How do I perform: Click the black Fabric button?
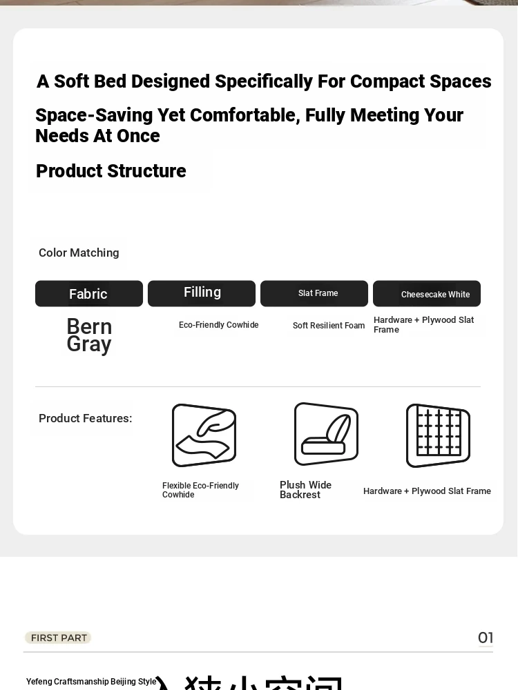(x=88, y=294)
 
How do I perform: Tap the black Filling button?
(x=202, y=293)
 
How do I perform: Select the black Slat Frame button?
(x=314, y=293)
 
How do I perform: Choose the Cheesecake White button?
(x=427, y=294)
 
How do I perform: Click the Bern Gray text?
(x=89, y=335)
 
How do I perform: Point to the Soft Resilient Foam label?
(x=329, y=326)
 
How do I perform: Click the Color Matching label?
(x=79, y=253)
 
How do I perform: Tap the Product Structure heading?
(x=111, y=171)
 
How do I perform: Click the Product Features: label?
(x=85, y=418)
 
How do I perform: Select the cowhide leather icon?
(x=204, y=435)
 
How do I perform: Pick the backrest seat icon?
(x=326, y=434)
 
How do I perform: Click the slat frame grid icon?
(x=438, y=435)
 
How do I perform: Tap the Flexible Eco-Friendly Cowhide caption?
(x=200, y=490)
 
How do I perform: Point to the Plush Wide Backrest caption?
(x=305, y=490)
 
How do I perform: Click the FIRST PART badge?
(x=58, y=638)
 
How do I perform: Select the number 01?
(x=486, y=638)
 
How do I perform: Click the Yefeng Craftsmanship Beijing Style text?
(x=91, y=682)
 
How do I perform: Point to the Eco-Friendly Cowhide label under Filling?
(x=218, y=325)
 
